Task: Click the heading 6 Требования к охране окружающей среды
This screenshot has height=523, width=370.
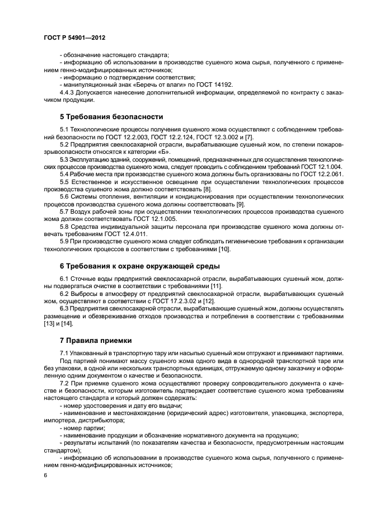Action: point(140,265)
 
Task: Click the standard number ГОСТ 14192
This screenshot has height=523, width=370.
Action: point(214,84)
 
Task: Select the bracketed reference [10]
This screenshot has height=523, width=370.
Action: point(224,249)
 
